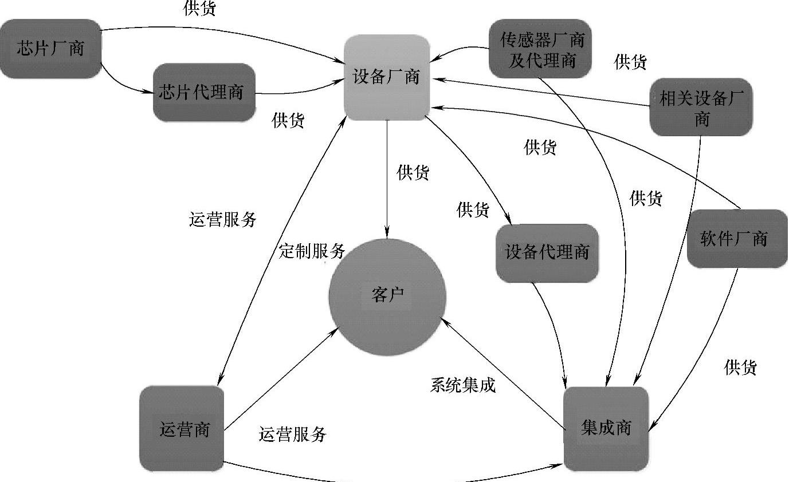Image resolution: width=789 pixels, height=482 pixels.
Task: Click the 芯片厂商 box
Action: (50, 49)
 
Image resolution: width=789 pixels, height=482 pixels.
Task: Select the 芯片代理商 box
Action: (204, 92)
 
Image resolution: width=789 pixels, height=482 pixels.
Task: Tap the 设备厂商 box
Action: (386, 78)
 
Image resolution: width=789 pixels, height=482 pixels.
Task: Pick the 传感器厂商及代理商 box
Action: (541, 49)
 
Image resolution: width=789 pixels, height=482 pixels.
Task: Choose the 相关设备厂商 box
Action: (701, 108)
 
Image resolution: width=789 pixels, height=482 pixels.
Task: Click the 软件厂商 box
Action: (737, 239)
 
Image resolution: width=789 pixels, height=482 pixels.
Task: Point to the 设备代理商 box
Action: (547, 252)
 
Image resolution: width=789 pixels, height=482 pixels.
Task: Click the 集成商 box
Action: (606, 428)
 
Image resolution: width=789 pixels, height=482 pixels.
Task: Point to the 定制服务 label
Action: (312, 251)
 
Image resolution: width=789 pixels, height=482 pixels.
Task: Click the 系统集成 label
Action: (462, 385)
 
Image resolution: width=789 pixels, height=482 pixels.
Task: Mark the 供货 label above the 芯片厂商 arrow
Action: (199, 8)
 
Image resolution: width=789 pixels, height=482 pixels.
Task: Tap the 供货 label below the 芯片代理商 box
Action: (288, 121)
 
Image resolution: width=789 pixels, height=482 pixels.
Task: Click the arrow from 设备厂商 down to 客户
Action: (387, 177)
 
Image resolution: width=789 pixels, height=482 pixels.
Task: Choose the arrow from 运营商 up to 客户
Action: (281, 378)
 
